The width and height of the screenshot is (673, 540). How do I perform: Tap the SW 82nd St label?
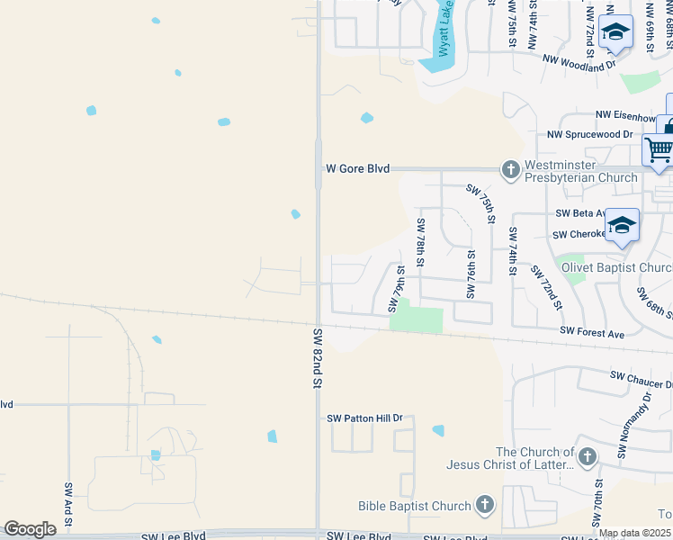click(x=318, y=357)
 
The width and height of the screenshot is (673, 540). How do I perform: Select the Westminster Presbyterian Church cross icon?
click(x=511, y=169)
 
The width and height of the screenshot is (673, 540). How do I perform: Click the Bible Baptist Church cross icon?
click(x=485, y=506)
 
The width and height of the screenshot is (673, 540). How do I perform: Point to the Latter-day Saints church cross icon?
click(x=587, y=457)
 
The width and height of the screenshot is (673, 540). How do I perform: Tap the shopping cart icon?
click(x=659, y=148)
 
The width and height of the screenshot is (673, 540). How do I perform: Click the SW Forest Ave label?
click(x=591, y=333)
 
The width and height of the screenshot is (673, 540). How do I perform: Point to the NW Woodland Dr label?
click(x=579, y=61)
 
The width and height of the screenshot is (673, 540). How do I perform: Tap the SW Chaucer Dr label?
click(x=642, y=375)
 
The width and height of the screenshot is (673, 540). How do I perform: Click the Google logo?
click(x=30, y=529)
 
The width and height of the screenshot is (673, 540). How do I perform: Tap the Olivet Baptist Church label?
click(x=616, y=267)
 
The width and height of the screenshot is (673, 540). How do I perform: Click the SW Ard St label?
click(x=68, y=504)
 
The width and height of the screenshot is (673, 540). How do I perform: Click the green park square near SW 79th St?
click(x=417, y=316)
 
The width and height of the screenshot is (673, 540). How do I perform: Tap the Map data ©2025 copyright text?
click(x=634, y=534)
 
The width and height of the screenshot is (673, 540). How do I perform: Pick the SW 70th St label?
click(x=597, y=508)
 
